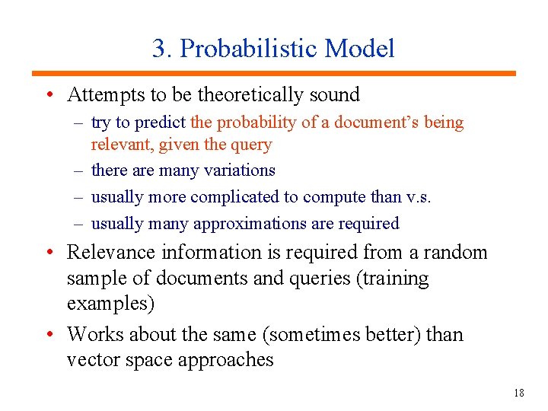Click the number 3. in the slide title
[162, 49]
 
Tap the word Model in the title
[359, 49]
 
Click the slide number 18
[519, 393]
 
